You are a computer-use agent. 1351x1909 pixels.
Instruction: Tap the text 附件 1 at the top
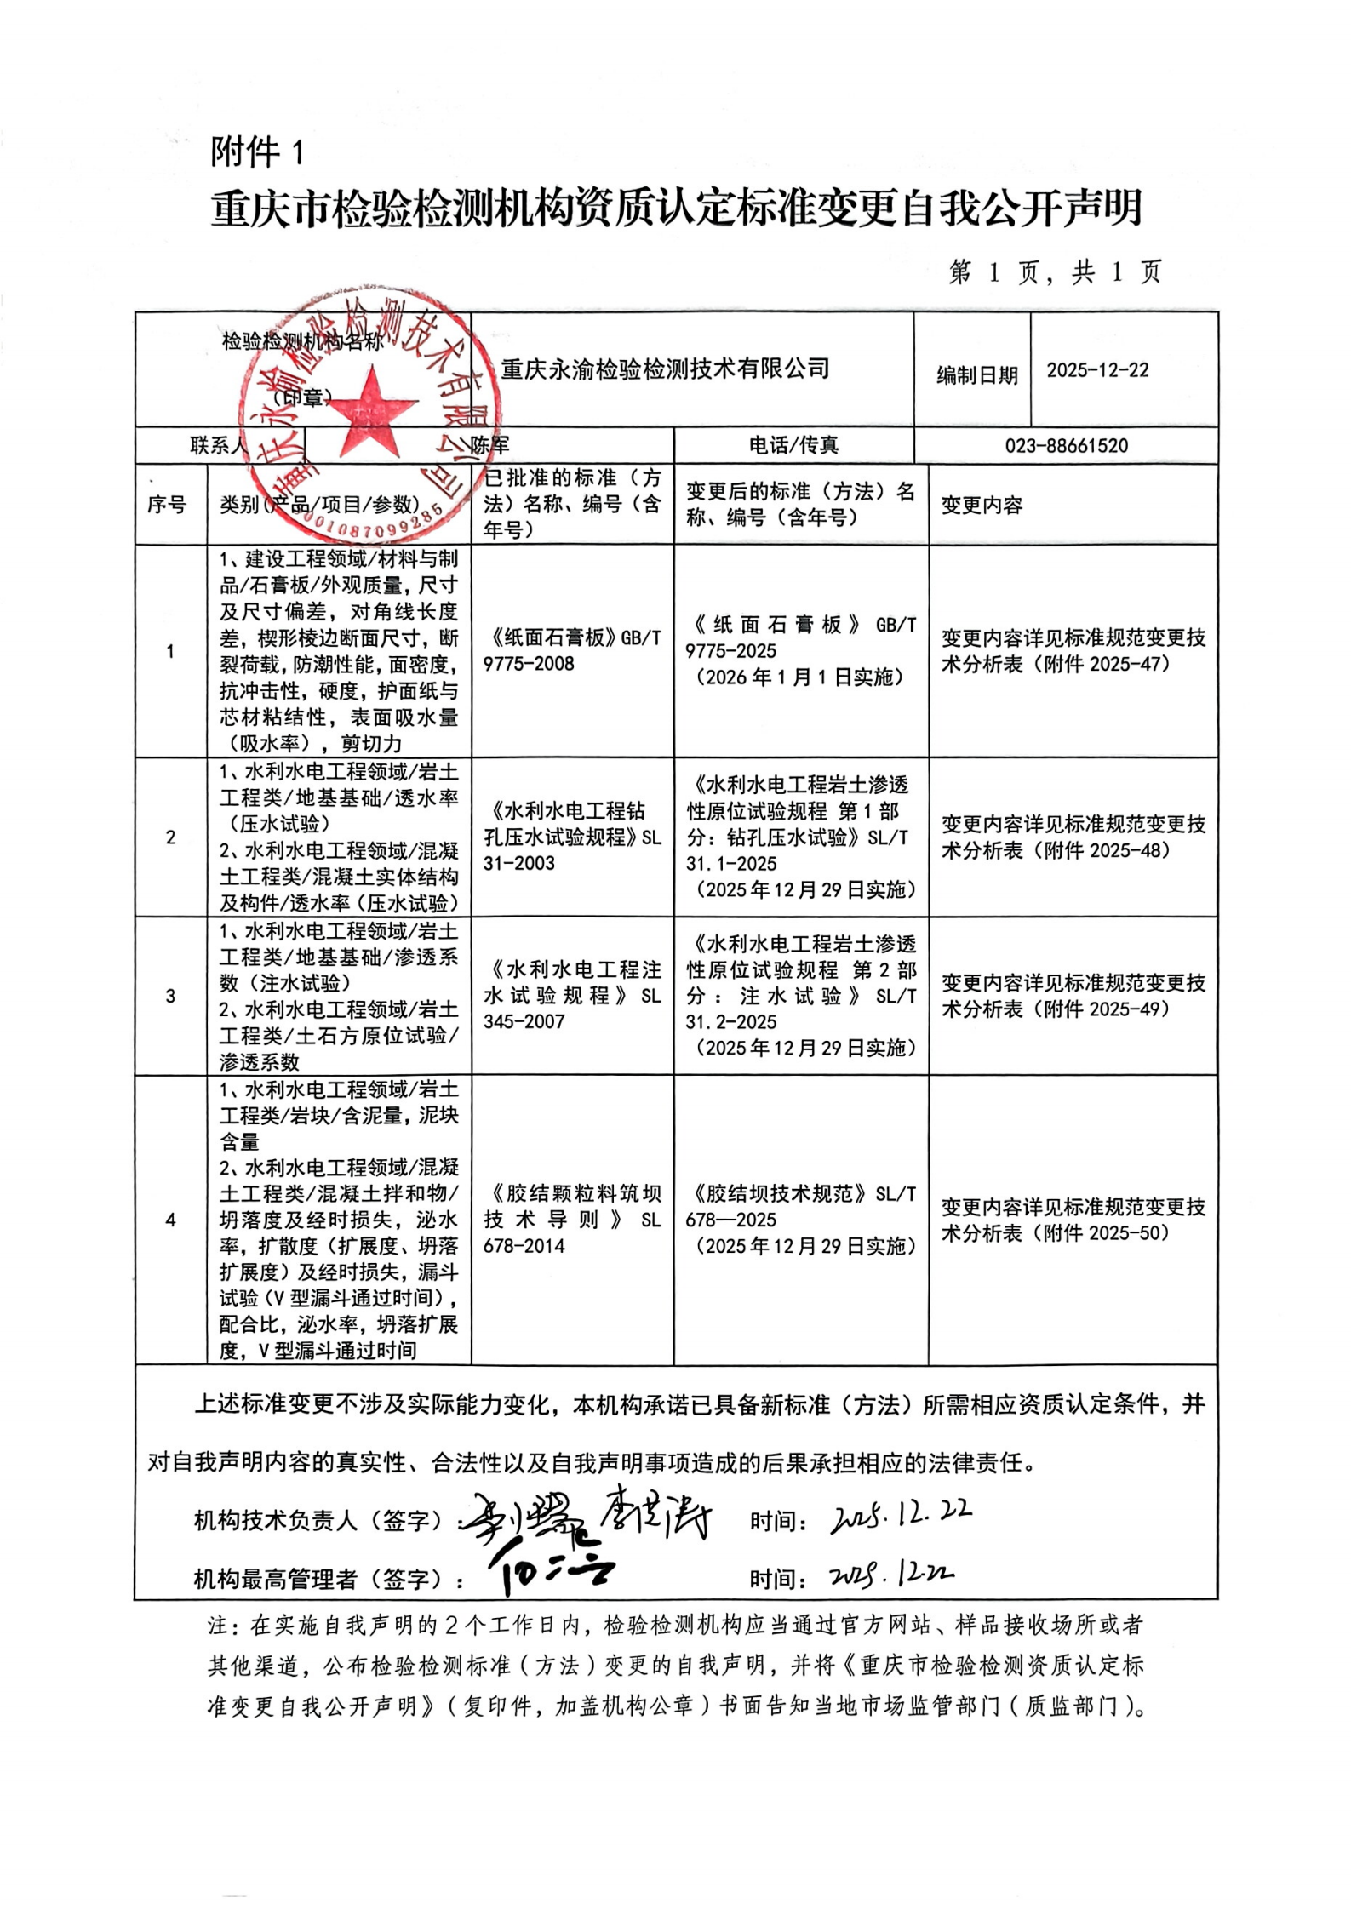256,152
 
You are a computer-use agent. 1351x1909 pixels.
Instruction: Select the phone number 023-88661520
1066,445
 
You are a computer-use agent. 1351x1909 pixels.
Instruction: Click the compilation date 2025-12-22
1097,370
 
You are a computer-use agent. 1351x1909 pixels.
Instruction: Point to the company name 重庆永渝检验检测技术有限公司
665,369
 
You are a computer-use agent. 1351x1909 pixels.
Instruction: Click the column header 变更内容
982,505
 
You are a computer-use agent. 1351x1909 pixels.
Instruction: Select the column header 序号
167,505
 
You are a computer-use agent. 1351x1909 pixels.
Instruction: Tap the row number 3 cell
170,996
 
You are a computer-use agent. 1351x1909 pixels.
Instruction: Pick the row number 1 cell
170,652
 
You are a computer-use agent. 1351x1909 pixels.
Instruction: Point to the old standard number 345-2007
524,1021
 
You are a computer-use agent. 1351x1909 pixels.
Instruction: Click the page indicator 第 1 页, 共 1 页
1055,272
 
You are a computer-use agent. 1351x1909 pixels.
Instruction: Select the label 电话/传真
793,445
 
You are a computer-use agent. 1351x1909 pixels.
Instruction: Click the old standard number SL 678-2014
571,1232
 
